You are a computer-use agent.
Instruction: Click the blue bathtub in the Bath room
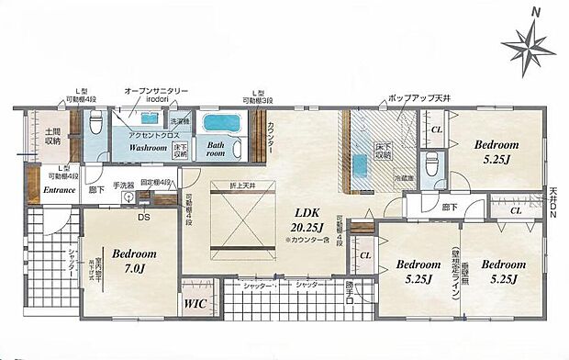point(220,124)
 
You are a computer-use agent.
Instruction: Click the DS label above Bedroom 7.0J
point(145,218)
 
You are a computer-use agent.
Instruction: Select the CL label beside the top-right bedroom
point(438,130)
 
